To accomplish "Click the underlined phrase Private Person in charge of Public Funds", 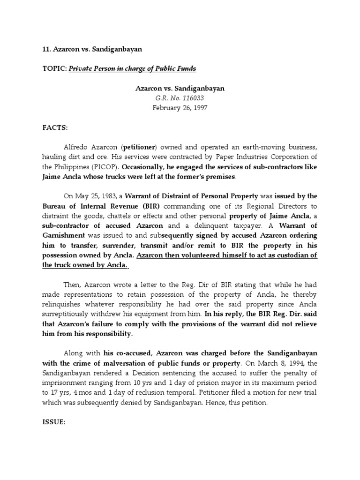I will [x=133, y=69].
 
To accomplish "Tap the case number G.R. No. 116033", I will [x=180, y=97].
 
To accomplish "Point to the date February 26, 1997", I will [x=180, y=107].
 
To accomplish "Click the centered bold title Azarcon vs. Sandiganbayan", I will [x=180, y=88].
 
